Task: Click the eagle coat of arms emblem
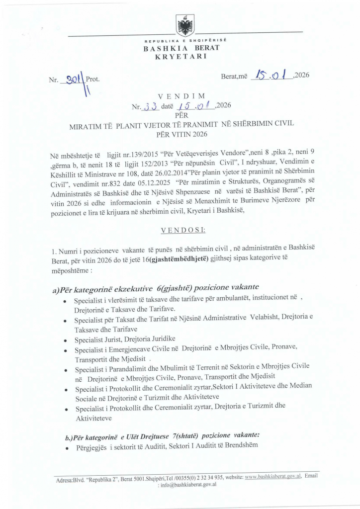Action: pyautogui.click(x=185, y=24)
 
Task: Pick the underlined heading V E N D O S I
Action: pyautogui.click(x=180, y=231)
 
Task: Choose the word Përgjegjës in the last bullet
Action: pyautogui.click(x=92, y=444)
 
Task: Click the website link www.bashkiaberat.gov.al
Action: pyautogui.click(x=273, y=476)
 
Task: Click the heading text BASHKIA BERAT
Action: pyautogui.click(x=180, y=48)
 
